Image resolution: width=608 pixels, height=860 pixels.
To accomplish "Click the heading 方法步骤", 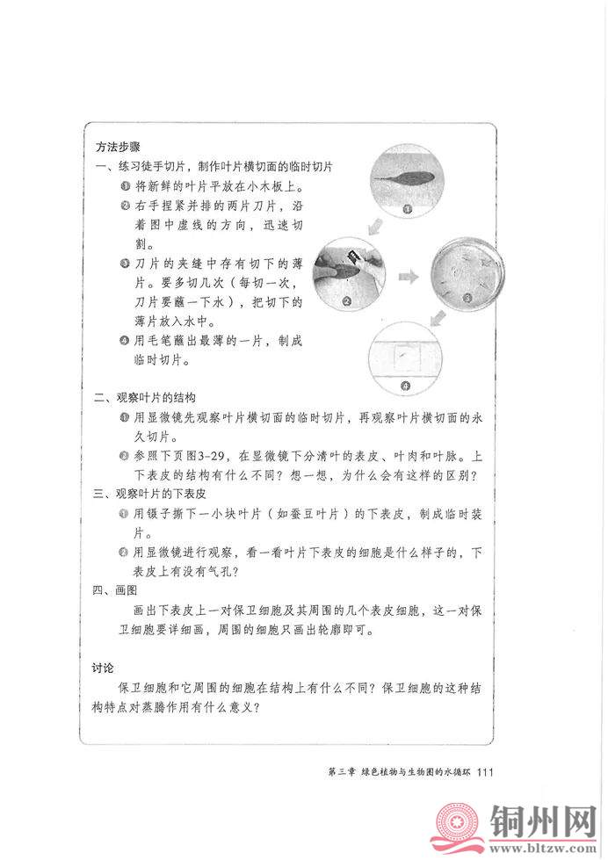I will pos(118,145).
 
